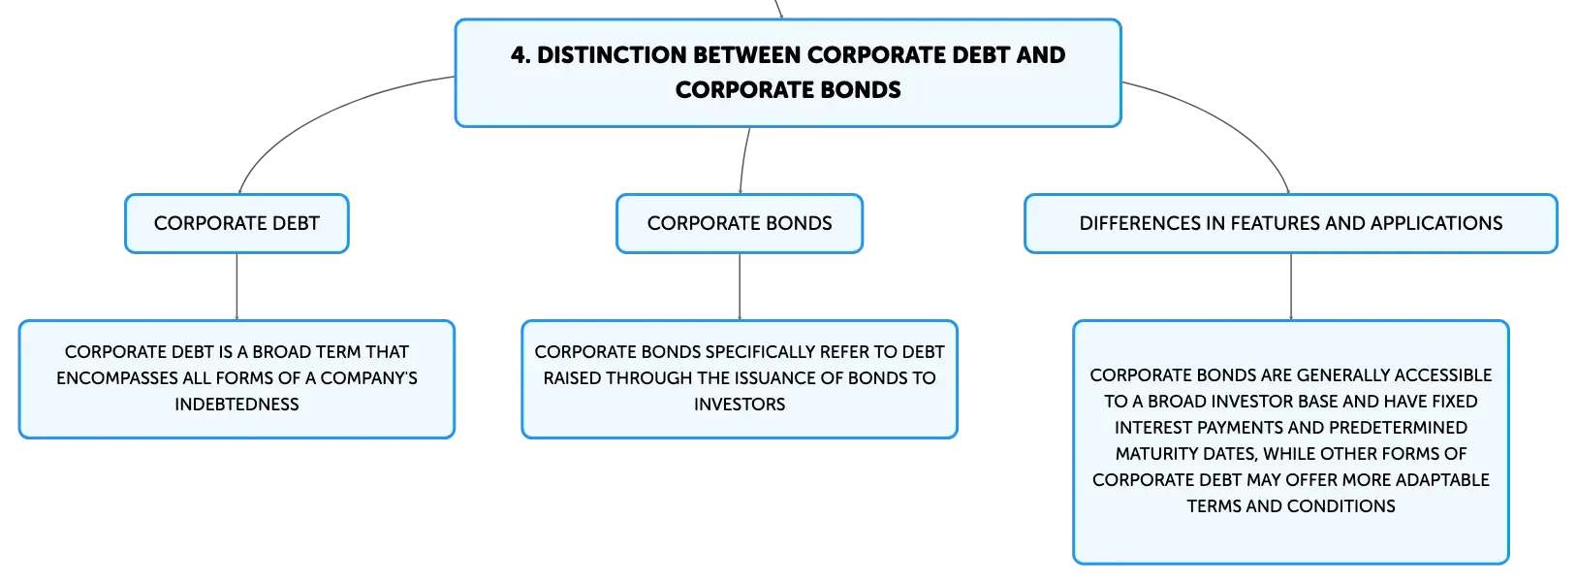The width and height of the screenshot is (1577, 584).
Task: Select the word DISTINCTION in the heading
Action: coord(611,55)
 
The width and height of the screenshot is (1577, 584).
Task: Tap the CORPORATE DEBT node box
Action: coord(237,223)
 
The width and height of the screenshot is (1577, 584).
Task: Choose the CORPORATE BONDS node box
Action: coord(740,223)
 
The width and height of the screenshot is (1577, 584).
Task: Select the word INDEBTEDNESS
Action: coord(237,405)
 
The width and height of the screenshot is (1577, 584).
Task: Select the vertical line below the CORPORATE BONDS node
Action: coord(740,287)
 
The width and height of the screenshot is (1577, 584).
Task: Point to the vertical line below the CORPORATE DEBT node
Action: coord(237,287)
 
